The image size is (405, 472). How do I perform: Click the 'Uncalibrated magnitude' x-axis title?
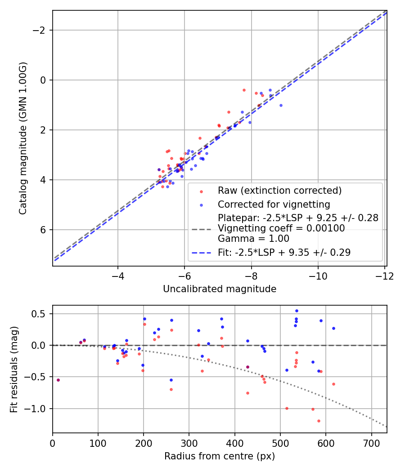[x=220, y=289]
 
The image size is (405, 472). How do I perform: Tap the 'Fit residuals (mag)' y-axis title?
[x=14, y=369]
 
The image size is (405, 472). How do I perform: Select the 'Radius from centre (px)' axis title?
[x=220, y=456]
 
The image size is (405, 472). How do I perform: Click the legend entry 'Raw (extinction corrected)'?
[x=279, y=191]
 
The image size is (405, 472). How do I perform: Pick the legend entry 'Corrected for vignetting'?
[x=274, y=205]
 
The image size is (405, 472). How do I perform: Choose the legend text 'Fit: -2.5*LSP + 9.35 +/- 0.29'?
[x=284, y=253]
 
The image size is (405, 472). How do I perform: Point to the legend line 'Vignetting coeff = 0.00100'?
[x=281, y=228]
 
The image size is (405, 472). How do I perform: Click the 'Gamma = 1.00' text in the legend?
[x=253, y=238]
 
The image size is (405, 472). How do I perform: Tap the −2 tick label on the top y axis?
[x=41, y=30]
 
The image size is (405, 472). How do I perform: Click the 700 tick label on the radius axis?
[x=371, y=443]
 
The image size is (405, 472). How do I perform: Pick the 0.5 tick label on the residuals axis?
[x=40, y=314]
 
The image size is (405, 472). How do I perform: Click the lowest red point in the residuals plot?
[x=319, y=421]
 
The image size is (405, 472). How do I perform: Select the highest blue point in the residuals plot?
[x=297, y=311]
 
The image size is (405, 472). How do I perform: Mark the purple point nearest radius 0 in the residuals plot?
[x=58, y=380]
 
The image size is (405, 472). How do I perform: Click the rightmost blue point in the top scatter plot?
[x=281, y=105]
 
